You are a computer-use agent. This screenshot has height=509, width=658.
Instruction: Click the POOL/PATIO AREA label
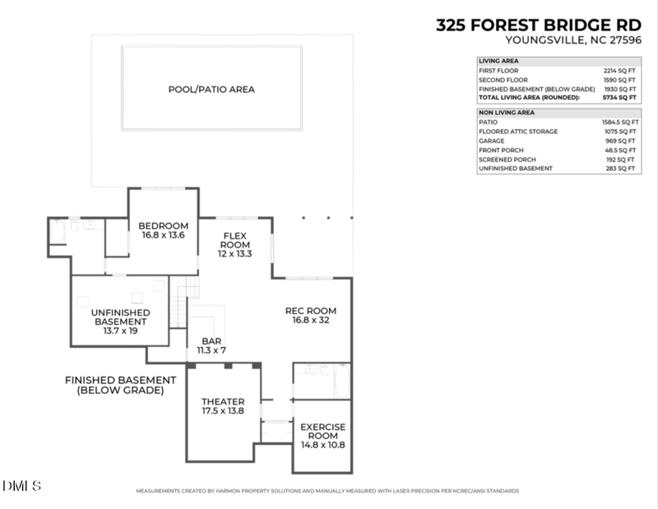click(211, 89)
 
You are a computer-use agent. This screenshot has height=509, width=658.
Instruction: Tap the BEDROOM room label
click(163, 226)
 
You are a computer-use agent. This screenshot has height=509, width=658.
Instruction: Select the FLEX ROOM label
click(235, 239)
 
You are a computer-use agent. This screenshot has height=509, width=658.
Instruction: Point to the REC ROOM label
click(311, 311)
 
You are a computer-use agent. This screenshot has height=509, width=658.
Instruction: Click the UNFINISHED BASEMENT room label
click(120, 317)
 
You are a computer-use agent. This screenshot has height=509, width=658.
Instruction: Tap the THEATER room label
click(224, 402)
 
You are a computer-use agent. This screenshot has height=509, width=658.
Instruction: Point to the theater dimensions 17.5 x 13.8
click(224, 411)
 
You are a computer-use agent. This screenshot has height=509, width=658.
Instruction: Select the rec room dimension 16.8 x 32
click(311, 320)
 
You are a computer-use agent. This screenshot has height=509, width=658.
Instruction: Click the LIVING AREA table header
click(498, 62)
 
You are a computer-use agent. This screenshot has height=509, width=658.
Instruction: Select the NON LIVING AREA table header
click(507, 112)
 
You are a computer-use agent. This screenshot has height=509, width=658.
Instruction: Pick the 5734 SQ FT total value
click(619, 98)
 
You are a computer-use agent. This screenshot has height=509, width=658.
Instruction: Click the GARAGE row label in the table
click(492, 141)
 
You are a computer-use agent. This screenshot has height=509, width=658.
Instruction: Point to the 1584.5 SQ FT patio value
click(617, 122)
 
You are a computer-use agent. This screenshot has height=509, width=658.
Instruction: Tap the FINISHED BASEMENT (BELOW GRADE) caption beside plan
click(120, 385)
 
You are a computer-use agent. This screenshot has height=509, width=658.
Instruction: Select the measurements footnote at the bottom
click(327, 491)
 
